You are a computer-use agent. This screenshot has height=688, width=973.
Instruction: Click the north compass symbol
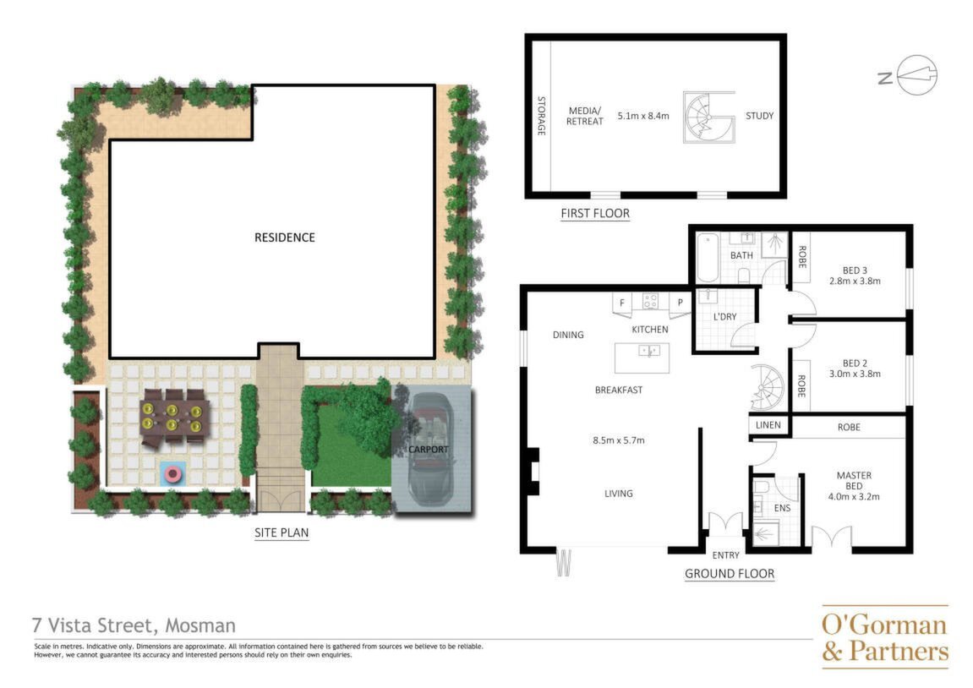pyautogui.click(x=916, y=76)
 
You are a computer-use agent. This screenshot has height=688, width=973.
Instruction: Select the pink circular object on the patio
pyautogui.click(x=172, y=475)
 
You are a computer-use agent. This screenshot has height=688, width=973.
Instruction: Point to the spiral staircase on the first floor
pyautogui.click(x=708, y=117)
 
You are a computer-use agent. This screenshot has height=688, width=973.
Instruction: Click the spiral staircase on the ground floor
pyautogui.click(x=768, y=386)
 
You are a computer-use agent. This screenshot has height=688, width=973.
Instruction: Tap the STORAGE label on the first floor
pyautogui.click(x=541, y=116)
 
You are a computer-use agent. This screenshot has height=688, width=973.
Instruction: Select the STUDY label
pyautogui.click(x=759, y=116)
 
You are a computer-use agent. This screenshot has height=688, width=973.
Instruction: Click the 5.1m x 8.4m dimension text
pyautogui.click(x=643, y=116)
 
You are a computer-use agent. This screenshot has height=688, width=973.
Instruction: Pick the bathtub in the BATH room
pyautogui.click(x=707, y=258)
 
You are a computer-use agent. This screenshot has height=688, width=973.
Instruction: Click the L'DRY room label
pyautogui.click(x=724, y=316)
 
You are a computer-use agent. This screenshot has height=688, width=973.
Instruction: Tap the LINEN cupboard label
pyautogui.click(x=768, y=425)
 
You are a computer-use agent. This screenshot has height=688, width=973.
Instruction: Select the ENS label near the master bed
pyautogui.click(x=782, y=508)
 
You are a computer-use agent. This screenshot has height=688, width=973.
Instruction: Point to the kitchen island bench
pyautogui.click(x=642, y=358)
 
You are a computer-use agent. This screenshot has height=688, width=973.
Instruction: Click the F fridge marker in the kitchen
pyautogui.click(x=622, y=303)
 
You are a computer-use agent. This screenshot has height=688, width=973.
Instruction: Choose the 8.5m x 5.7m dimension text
pyautogui.click(x=619, y=440)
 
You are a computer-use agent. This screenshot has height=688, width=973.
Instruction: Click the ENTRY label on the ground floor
pyautogui.click(x=725, y=555)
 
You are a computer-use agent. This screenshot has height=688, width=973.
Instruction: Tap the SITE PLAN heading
pyautogui.click(x=282, y=532)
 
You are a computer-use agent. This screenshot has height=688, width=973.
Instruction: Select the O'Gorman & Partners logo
pyautogui.click(x=885, y=637)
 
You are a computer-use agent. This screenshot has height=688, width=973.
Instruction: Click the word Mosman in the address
pyautogui.click(x=200, y=625)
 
